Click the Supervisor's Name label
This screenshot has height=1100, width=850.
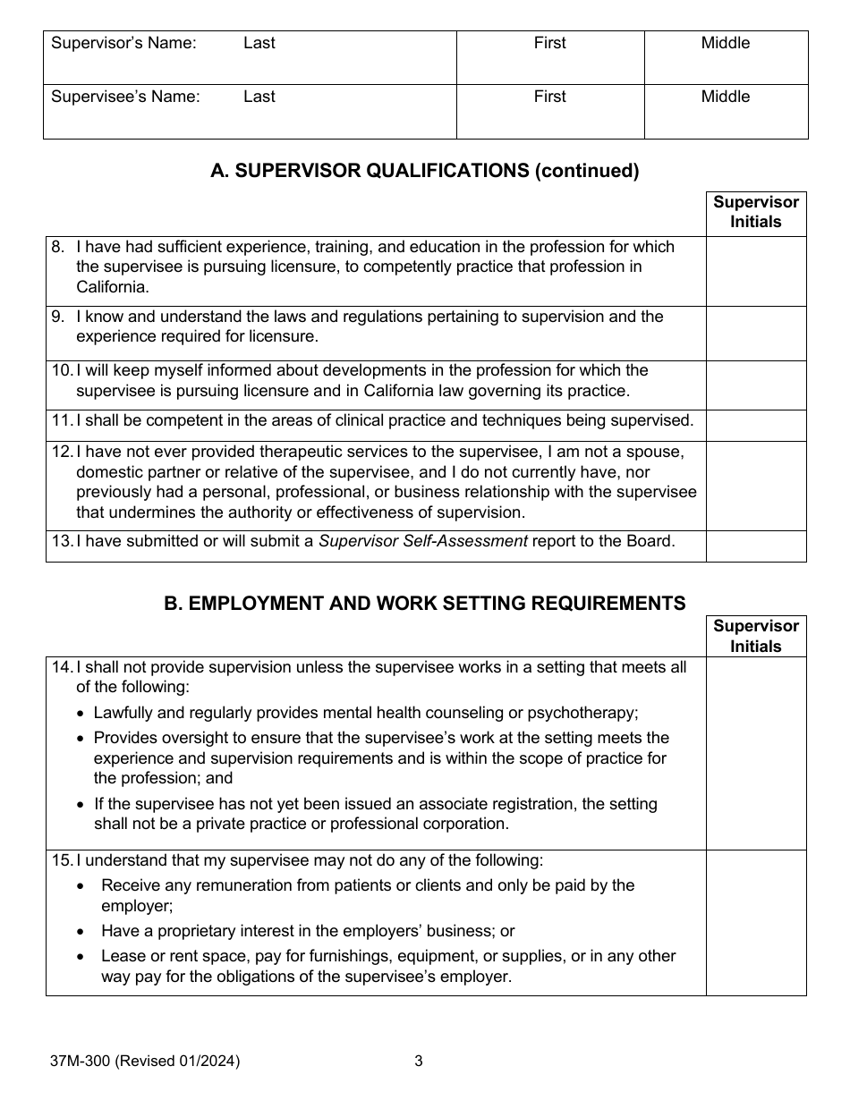pyautogui.click(x=123, y=43)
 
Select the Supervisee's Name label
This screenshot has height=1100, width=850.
pyautogui.click(x=125, y=97)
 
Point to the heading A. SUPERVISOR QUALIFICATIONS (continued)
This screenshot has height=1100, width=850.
pyautogui.click(x=425, y=172)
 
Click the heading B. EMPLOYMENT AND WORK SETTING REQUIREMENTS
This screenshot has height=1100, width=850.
pyautogui.click(x=425, y=604)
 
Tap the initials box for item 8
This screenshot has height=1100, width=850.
pyautogui.click(x=756, y=271)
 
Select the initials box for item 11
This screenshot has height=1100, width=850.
pyautogui.click(x=756, y=425)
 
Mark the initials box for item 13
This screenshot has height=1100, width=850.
pyautogui.click(x=756, y=546)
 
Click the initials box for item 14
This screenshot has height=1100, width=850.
pyautogui.click(x=756, y=753)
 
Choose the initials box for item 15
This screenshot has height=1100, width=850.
pyautogui.click(x=756, y=922)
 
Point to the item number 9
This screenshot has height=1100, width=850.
pyautogui.click(x=58, y=317)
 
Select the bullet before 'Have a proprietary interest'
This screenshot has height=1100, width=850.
pyautogui.click(x=82, y=932)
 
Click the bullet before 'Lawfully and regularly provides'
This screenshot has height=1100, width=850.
pyautogui.click(x=81, y=714)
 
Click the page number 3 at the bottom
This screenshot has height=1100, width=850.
pyautogui.click(x=418, y=1062)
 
